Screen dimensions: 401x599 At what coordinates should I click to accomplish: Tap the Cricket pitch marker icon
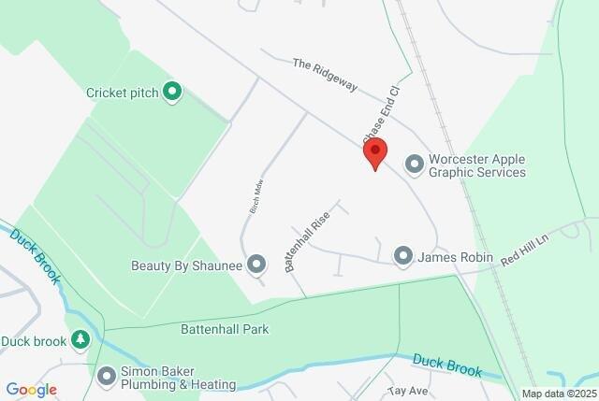pyautogui.click(x=171, y=92)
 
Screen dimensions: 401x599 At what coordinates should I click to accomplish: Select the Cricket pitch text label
pyautogui.click(x=122, y=92)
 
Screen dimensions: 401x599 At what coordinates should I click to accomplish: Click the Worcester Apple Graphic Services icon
pyautogui.click(x=414, y=165)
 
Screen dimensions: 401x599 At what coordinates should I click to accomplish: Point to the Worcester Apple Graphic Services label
pyautogui.click(x=476, y=165)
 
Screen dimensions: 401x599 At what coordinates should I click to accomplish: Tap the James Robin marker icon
pyautogui.click(x=403, y=255)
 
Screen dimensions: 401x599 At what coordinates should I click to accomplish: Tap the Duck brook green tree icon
pyautogui.click(x=80, y=341)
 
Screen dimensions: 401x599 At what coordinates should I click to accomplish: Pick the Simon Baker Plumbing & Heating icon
pyautogui.click(x=106, y=376)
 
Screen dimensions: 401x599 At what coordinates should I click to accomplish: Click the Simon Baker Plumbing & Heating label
pyautogui.click(x=178, y=377)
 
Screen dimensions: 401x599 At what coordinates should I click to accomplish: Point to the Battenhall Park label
pyautogui.click(x=225, y=329)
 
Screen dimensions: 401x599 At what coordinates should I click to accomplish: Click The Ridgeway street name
pyautogui.click(x=325, y=76)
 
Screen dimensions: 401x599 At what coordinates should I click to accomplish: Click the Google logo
pyautogui.click(x=31, y=389)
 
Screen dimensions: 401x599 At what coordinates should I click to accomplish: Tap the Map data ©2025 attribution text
pyautogui.click(x=557, y=394)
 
